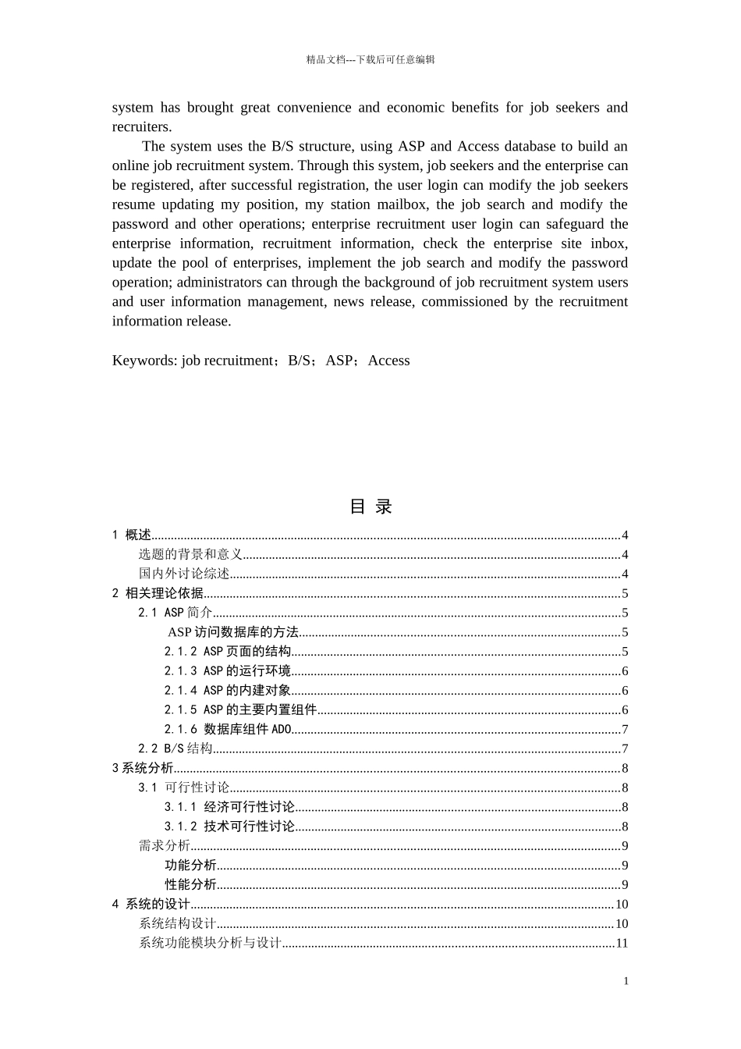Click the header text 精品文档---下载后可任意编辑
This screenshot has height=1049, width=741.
pyautogui.click(x=370, y=59)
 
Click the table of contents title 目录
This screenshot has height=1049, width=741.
pyautogui.click(x=370, y=507)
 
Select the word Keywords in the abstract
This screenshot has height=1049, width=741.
pyautogui.click(x=144, y=361)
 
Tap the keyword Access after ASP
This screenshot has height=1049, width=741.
pyautogui.click(x=388, y=361)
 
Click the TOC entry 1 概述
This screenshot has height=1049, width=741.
pyautogui.click(x=132, y=535)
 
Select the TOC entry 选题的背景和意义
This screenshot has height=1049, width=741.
pyautogui.click(x=190, y=554)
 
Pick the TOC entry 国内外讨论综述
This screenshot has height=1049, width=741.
pyautogui.click(x=184, y=574)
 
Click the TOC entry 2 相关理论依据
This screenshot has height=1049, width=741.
pyautogui.click(x=158, y=593)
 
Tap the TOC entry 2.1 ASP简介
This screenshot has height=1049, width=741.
pyautogui.click(x=175, y=613)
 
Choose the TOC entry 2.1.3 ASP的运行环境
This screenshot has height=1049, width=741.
pyautogui.click(x=227, y=671)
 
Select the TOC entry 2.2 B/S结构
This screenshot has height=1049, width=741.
pyautogui.click(x=175, y=749)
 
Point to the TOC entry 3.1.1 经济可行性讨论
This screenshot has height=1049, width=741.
pyautogui.click(x=229, y=807)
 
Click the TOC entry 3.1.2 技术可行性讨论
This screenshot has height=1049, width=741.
pyautogui.click(x=229, y=827)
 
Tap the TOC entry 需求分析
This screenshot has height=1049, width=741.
pyautogui.click(x=165, y=846)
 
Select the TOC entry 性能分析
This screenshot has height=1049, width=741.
pyautogui.click(x=190, y=884)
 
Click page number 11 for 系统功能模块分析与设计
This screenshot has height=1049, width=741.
pyautogui.click(x=622, y=943)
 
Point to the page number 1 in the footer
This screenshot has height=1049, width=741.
pyautogui.click(x=626, y=981)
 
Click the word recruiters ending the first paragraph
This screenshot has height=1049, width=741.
pyautogui.click(x=140, y=127)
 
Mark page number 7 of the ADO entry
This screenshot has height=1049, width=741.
pyautogui.click(x=625, y=729)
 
